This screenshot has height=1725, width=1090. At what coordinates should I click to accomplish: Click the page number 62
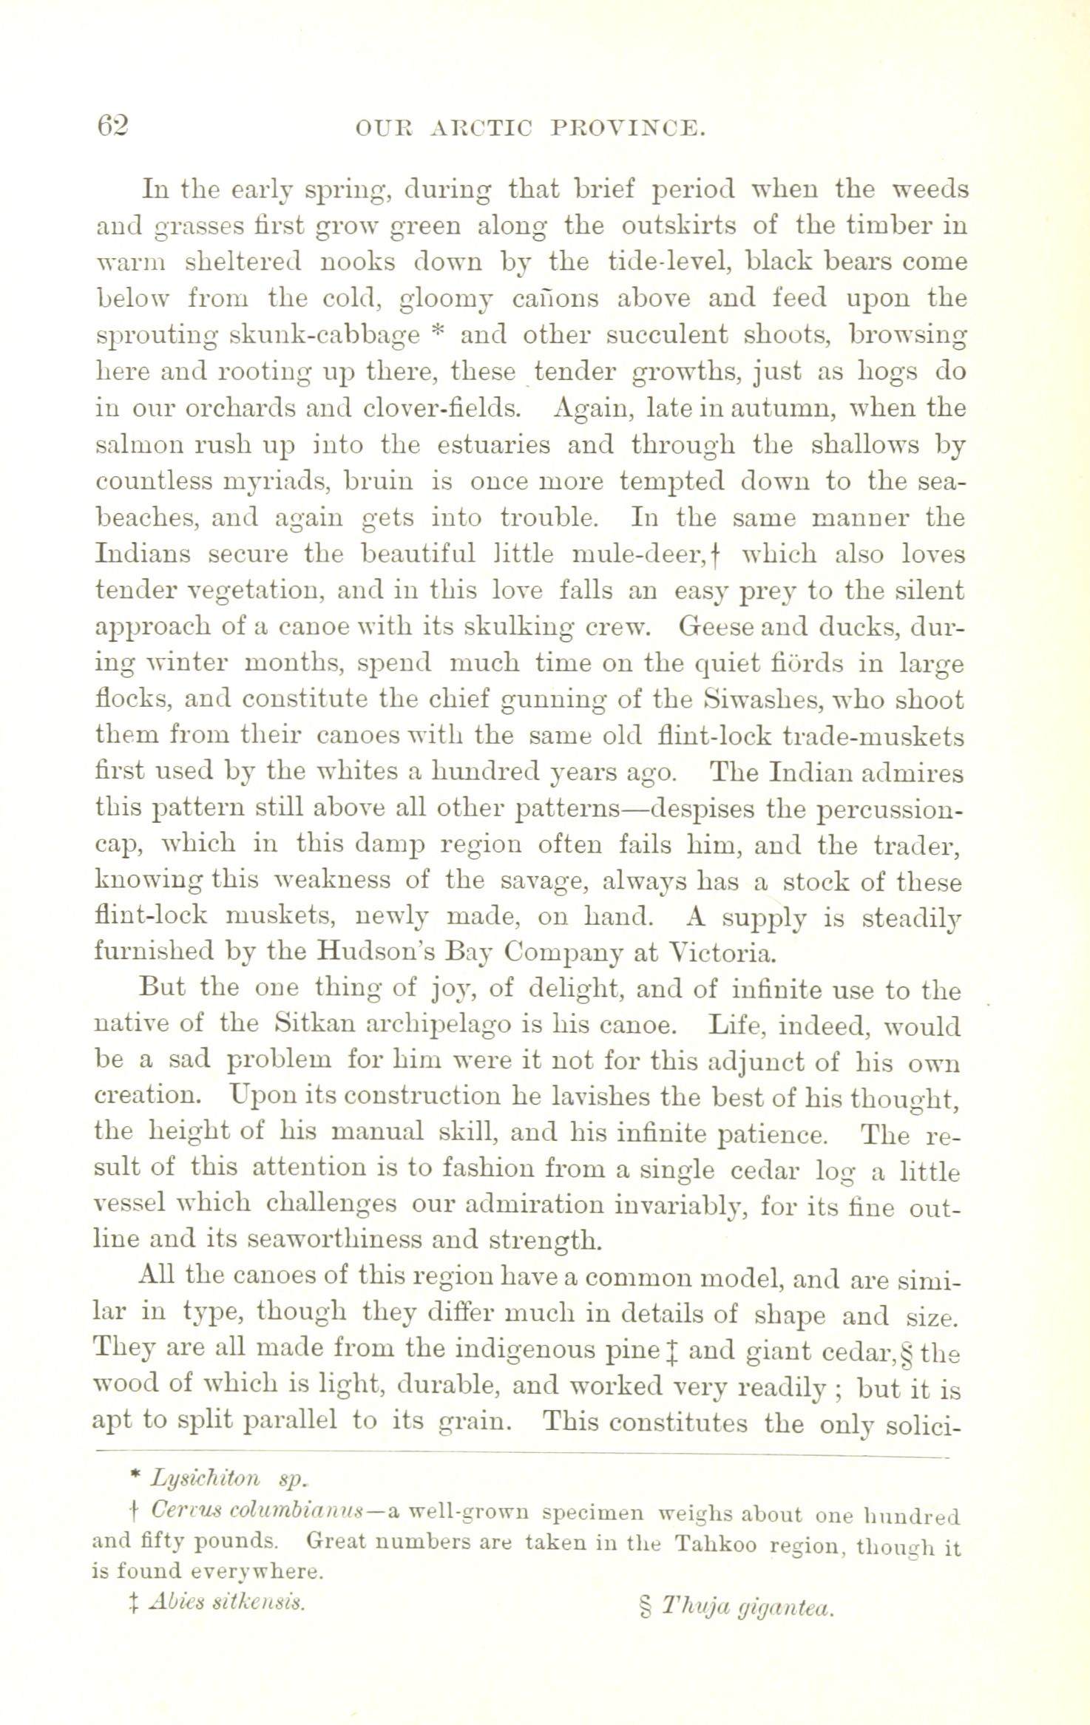(x=112, y=125)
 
